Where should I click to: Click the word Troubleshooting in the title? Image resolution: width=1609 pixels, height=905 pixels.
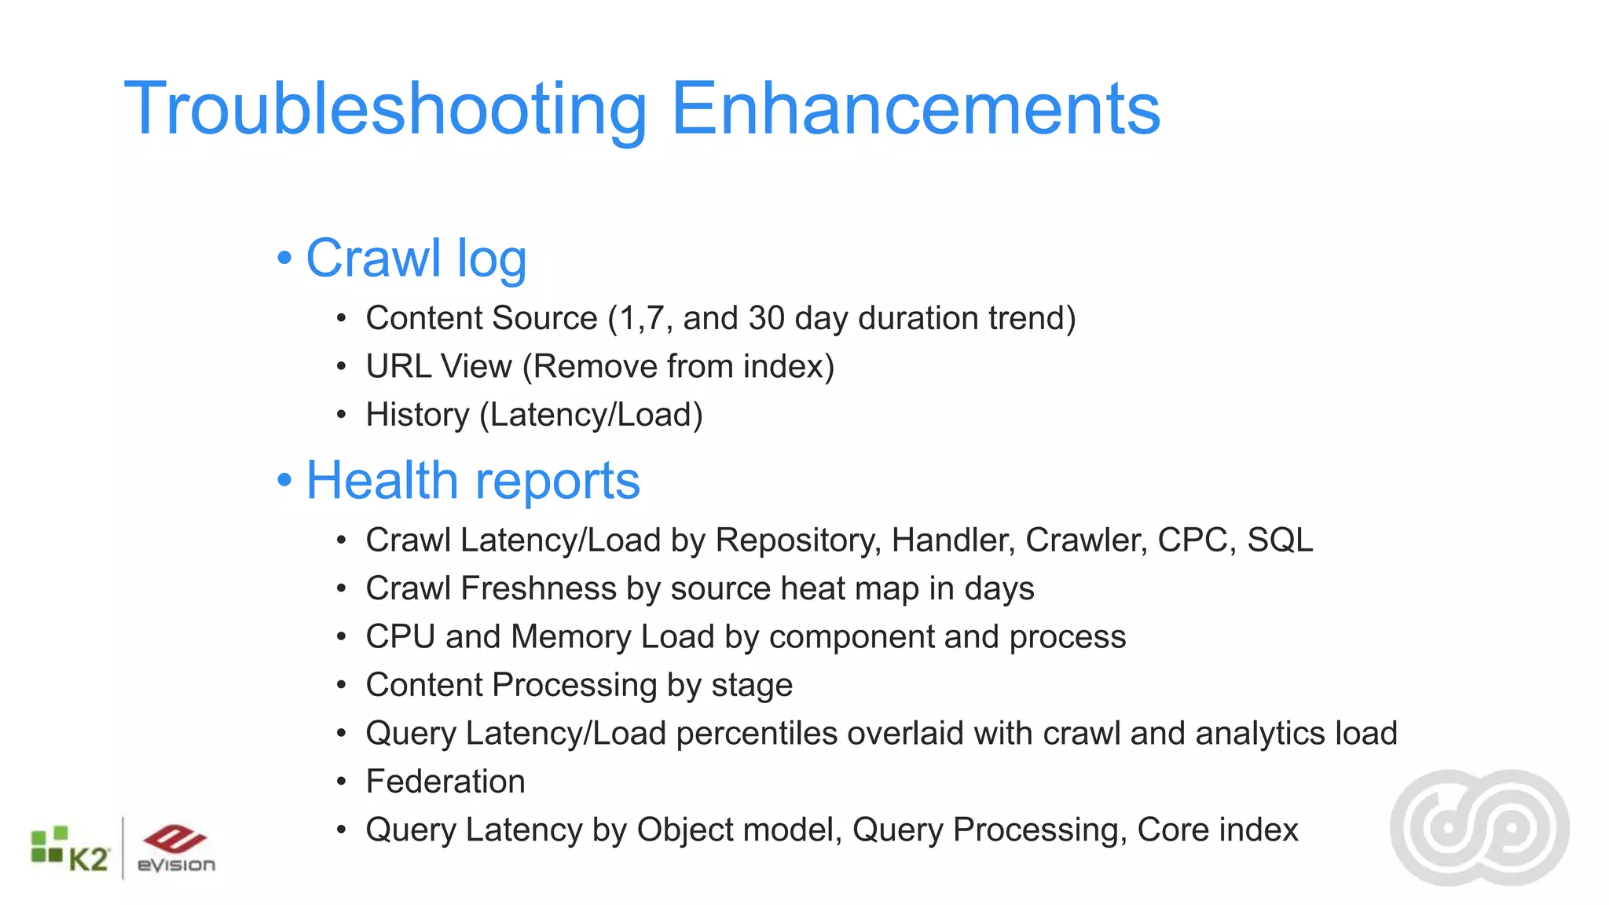pos(385,110)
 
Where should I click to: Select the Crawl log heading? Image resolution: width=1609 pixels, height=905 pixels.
pos(416,258)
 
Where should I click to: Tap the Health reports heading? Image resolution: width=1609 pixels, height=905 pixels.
pos(473,481)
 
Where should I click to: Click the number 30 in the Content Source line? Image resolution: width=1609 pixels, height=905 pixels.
pos(766,318)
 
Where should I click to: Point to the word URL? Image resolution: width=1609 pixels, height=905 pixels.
pos(399,367)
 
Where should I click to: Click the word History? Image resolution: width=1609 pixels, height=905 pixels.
pos(417,415)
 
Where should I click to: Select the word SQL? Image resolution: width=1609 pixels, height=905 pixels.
pos(1280,540)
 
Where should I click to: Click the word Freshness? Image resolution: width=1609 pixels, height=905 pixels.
pos(538,589)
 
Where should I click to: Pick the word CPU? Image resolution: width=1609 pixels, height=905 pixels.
pos(400,637)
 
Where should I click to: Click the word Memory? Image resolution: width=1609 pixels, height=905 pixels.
pos(570,637)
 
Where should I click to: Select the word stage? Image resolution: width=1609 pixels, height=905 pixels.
pos(752,686)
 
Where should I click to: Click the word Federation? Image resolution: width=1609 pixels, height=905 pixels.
pos(445,782)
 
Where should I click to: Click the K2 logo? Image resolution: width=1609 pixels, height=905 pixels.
pos(69,851)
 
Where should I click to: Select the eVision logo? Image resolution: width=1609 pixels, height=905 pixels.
pos(176,849)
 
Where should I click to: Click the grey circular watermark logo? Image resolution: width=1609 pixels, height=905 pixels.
pos(1479,827)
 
